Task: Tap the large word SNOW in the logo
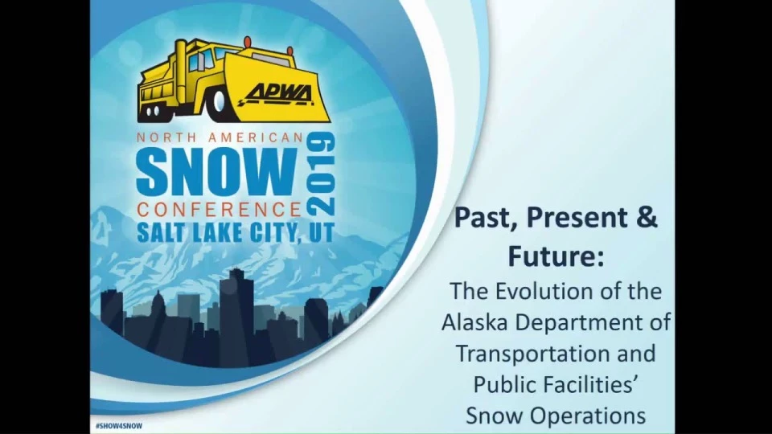click(217, 172)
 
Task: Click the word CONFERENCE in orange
click(219, 210)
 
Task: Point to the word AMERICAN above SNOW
click(255, 137)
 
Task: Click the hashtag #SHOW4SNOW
click(119, 426)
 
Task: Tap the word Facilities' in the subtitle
click(593, 384)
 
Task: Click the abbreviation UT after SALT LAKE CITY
click(322, 232)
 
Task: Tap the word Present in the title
click(578, 218)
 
